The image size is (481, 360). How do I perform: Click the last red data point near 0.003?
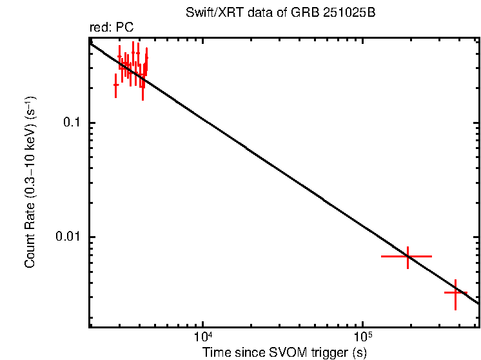point(455,292)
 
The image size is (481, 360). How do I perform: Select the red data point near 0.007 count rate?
point(407,256)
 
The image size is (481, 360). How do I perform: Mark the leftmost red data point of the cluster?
point(115,85)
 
